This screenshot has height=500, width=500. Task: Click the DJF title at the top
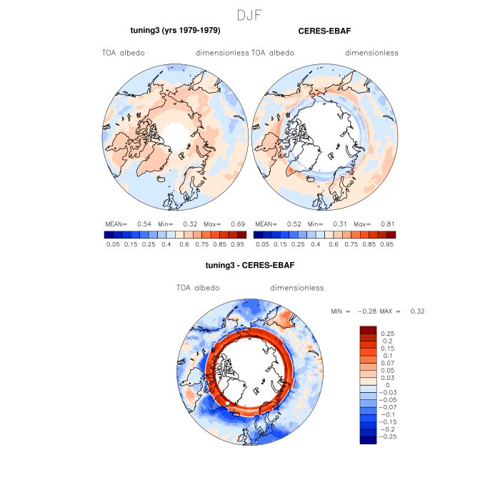point(250,14)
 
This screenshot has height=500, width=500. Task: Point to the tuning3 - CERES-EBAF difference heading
point(250,266)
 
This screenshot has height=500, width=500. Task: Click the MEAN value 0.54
point(144,224)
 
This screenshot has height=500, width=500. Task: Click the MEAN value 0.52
point(294,224)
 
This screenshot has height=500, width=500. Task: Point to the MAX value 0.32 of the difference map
point(417,311)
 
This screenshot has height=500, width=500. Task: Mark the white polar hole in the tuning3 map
point(176,133)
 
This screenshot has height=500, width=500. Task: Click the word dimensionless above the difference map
point(297,288)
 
